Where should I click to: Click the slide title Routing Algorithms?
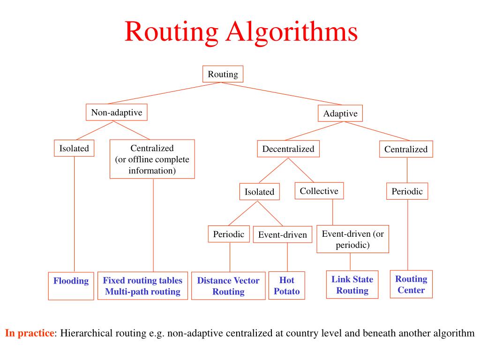pyautogui.click(x=241, y=32)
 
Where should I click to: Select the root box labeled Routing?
pyautogui.click(x=223, y=74)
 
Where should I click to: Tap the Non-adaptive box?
pyautogui.click(x=116, y=112)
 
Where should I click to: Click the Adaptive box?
pyautogui.click(x=340, y=113)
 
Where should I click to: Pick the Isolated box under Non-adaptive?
pyautogui.click(x=74, y=149)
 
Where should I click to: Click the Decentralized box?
pyautogui.click(x=288, y=149)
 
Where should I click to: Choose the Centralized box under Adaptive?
pyautogui.click(x=406, y=150)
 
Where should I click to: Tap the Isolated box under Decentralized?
pyautogui.click(x=259, y=192)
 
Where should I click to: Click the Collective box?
pyautogui.click(x=319, y=191)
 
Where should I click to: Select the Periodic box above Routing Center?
pyautogui.click(x=407, y=191)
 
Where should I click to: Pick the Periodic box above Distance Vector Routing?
pyautogui.click(x=228, y=234)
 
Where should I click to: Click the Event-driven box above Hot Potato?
pyautogui.click(x=282, y=235)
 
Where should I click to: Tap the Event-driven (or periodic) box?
pyautogui.click(x=352, y=239)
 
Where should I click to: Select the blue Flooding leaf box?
pyautogui.click(x=71, y=285)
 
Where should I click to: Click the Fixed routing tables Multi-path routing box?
pyautogui.click(x=142, y=286)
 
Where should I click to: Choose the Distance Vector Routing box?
pyautogui.click(x=228, y=286)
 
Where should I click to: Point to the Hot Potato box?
pyautogui.click(x=286, y=285)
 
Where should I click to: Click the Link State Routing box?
pyautogui.click(x=352, y=285)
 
